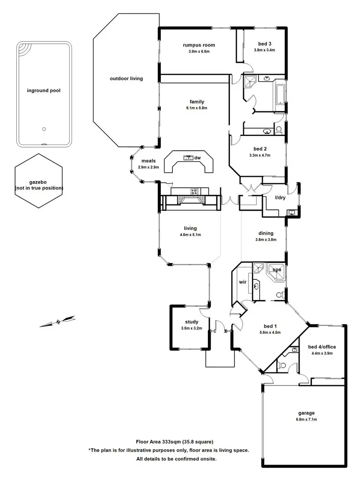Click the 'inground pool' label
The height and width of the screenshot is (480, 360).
point(44,90)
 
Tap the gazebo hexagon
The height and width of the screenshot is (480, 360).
point(38,181)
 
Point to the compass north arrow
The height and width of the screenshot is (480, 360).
point(58,322)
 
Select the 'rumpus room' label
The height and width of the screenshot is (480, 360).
point(199,45)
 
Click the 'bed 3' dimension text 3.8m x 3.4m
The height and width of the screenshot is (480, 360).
point(264,50)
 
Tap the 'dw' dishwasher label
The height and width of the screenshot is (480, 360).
point(197,157)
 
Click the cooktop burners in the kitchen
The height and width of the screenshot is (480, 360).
point(194,192)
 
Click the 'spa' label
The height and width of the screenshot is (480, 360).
point(276,270)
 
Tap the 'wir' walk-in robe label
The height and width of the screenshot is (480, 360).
point(242,282)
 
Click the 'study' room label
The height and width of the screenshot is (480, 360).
point(192,322)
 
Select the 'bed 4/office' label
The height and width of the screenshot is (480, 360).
point(322,347)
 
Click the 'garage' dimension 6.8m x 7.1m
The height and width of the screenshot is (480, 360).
point(306,419)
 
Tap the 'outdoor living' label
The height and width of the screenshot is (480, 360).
point(126,78)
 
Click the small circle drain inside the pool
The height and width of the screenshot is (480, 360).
point(44,129)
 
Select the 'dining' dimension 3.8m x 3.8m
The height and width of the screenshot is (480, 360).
point(265,240)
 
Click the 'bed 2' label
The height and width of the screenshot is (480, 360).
point(260,149)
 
